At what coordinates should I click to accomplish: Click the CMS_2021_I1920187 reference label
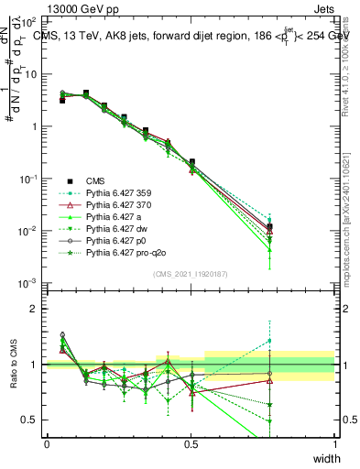191,273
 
